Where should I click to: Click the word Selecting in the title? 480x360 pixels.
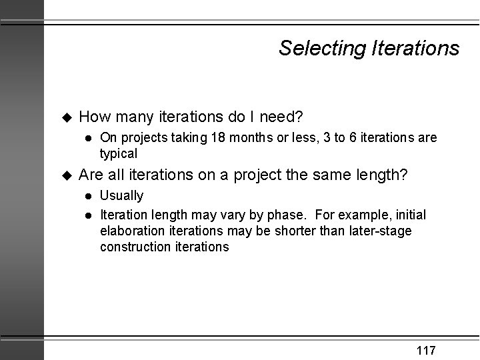319,48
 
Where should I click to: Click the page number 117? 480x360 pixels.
426,350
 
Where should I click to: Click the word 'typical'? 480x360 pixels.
119,153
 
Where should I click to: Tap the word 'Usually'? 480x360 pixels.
121,196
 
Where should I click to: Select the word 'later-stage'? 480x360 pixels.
382,231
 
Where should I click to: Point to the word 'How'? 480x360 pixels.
95,117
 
